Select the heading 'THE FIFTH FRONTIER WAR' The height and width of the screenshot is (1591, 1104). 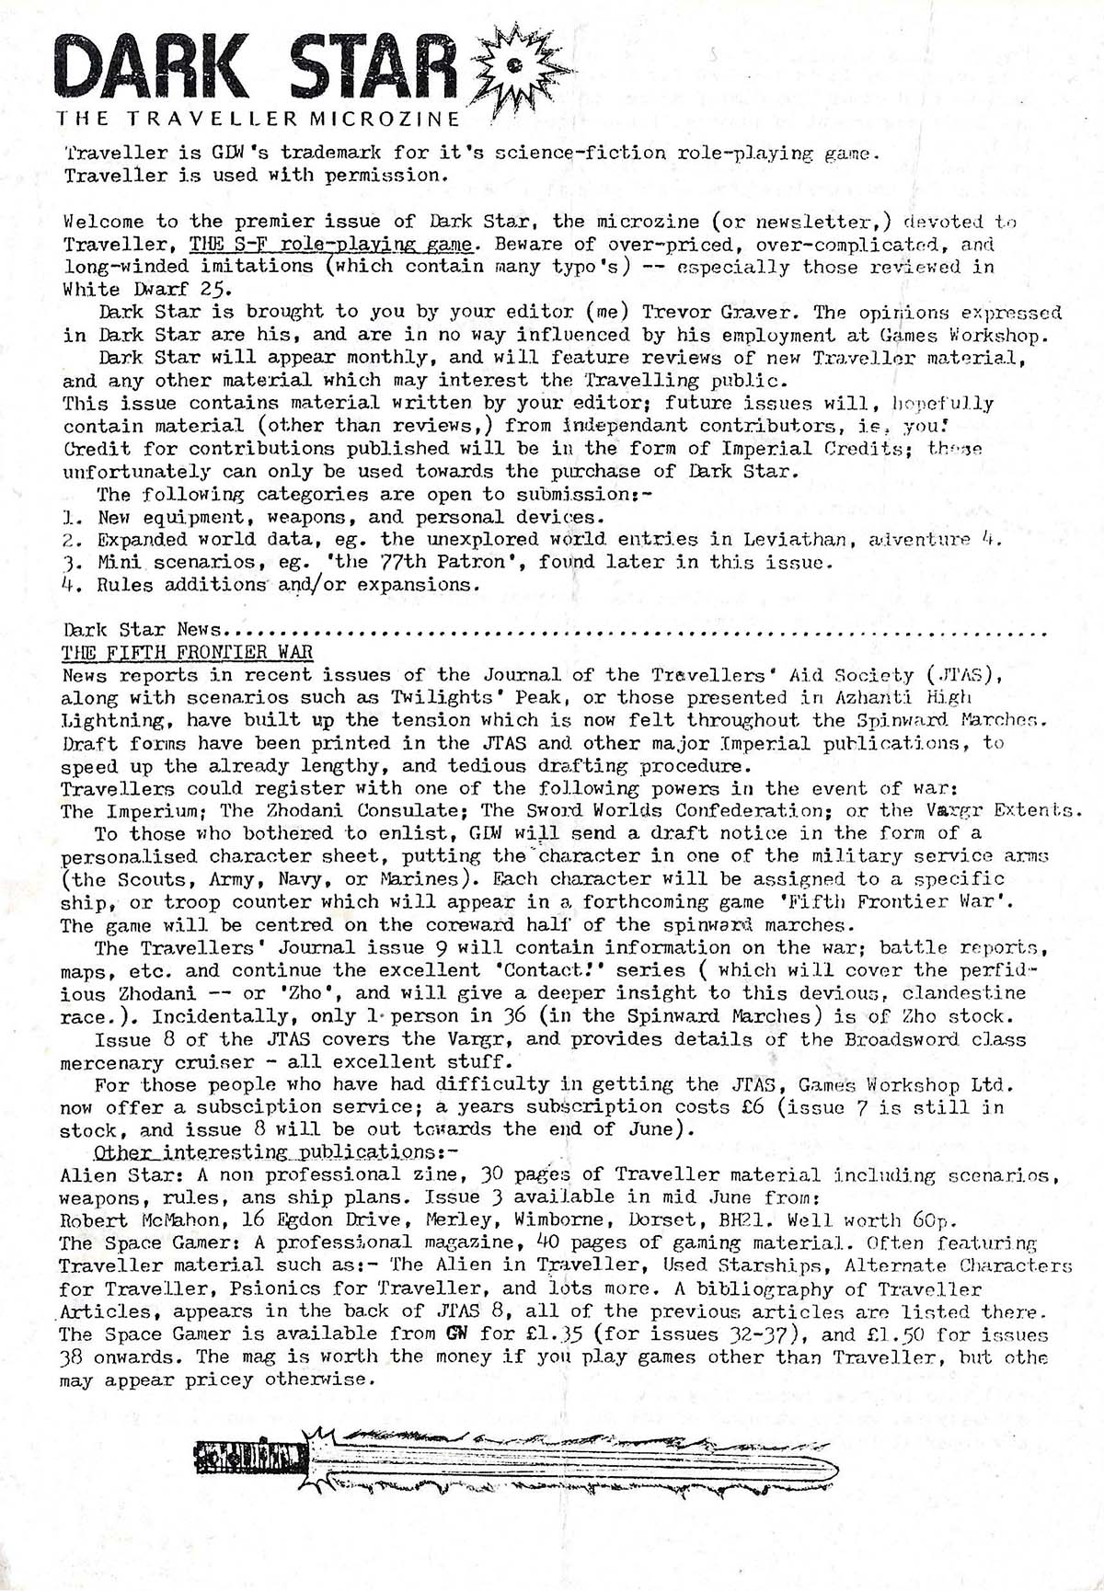point(187,652)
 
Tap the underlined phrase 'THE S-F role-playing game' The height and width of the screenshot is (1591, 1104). point(331,245)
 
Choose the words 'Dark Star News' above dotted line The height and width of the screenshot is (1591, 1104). point(143,630)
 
